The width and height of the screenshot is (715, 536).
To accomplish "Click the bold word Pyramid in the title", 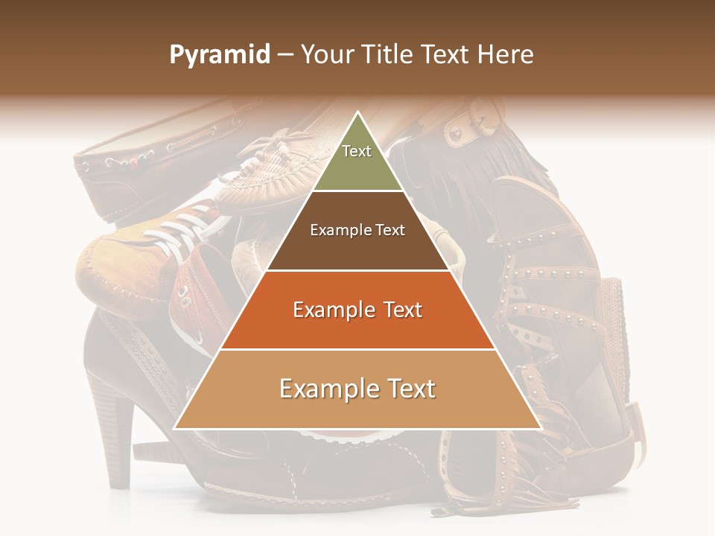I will click(219, 55).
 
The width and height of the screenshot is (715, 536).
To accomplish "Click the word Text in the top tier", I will click(357, 151).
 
